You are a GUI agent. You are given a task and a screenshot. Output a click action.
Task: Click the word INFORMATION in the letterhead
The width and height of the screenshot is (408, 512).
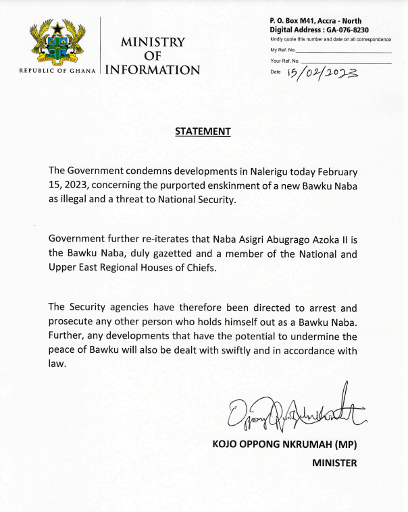point(153,70)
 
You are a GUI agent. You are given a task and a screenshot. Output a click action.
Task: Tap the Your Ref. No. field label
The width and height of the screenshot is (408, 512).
point(285,61)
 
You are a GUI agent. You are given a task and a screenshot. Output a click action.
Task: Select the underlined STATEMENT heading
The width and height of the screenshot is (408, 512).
point(203,131)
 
